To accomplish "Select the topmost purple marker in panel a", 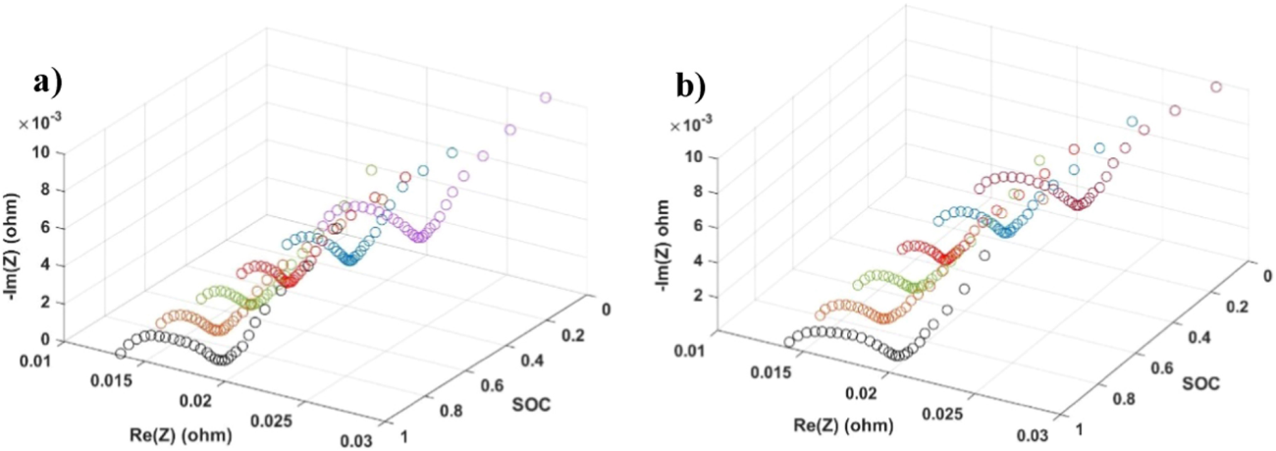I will pyautogui.click(x=546, y=96).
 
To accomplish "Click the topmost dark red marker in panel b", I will pyautogui.click(x=1216, y=87).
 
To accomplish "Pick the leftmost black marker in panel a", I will pyautogui.click(x=122, y=353).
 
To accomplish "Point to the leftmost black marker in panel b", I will pyautogui.click(x=789, y=342).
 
